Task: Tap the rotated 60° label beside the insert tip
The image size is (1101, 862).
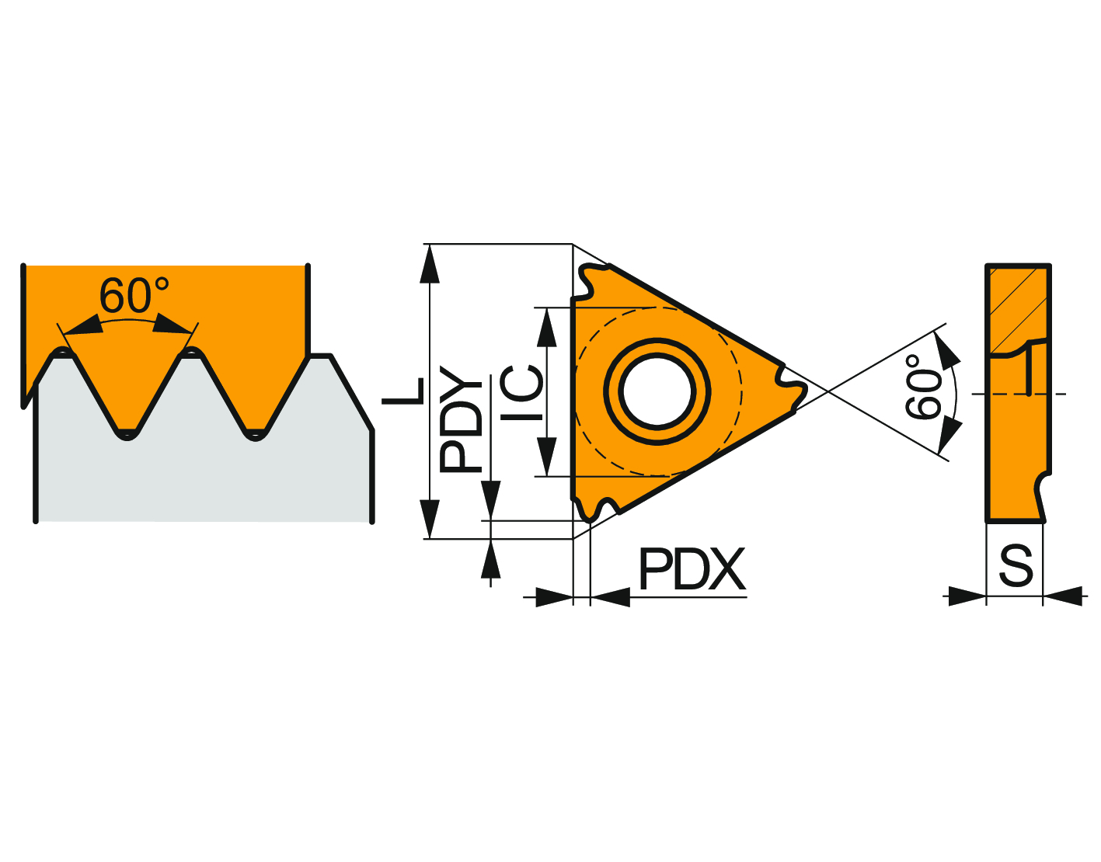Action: [x=922, y=388]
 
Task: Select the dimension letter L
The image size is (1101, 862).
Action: [x=402, y=391]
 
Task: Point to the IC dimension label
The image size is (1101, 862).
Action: [x=521, y=393]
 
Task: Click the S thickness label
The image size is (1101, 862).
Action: [x=1016, y=566]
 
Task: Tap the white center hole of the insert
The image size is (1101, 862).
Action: [x=657, y=391]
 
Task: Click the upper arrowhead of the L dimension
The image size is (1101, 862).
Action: [x=430, y=263]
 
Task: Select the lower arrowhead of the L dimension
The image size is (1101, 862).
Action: [x=430, y=520]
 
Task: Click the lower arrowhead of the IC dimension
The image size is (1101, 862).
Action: [x=547, y=457]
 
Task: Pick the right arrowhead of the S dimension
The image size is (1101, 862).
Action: [x=1062, y=596]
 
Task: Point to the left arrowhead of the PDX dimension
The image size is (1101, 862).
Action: [x=554, y=597]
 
